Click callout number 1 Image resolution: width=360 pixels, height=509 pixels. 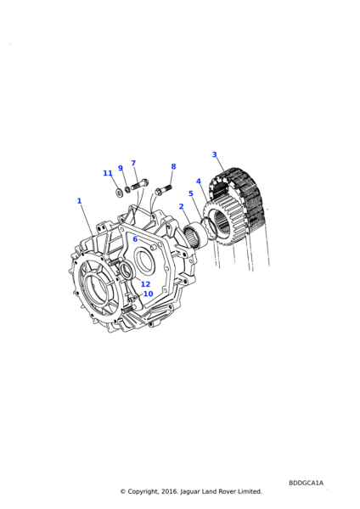pos(79,201)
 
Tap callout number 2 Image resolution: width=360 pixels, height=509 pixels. pos(182,206)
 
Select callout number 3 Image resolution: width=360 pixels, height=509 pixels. pos(215,154)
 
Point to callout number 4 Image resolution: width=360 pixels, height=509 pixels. pos(199,182)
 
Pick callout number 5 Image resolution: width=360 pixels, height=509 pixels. pos(191,193)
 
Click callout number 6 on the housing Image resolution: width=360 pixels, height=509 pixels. pos(136,239)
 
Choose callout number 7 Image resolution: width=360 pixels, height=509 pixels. pos(133,163)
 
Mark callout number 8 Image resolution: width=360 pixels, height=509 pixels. pos(173,166)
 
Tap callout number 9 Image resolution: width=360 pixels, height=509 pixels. pos(121,168)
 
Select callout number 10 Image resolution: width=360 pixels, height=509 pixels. pos(148,294)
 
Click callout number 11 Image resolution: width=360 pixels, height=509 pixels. pos(108,173)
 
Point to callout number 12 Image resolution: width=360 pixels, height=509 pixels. pos(145,284)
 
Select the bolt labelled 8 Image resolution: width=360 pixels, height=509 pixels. pos(163,189)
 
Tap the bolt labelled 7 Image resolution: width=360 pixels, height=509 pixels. pos(140,185)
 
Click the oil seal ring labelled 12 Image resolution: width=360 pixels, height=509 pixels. pos(126,271)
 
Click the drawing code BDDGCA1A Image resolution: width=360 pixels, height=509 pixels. pos(306,483)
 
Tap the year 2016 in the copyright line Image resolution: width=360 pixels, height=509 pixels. pos(169,491)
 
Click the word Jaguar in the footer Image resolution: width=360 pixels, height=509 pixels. pos(189,492)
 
